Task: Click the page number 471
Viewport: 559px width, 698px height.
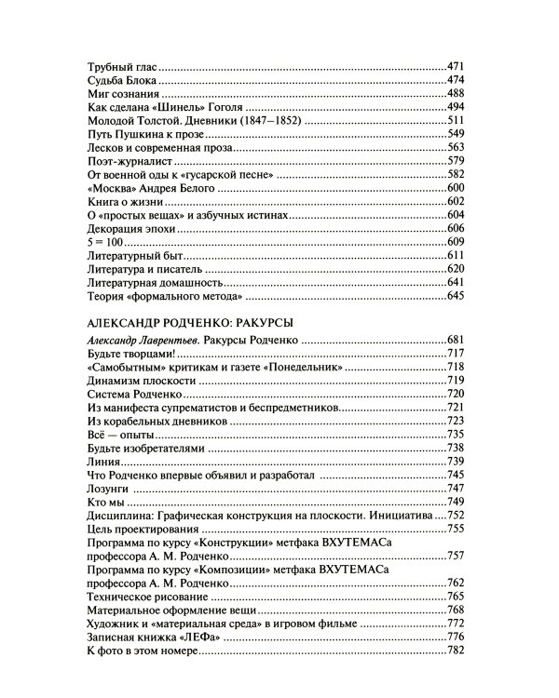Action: tap(461, 67)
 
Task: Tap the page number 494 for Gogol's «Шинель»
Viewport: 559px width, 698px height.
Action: tap(461, 108)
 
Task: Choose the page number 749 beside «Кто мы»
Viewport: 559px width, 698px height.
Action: tap(461, 502)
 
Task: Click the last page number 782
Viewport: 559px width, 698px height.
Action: tap(461, 650)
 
